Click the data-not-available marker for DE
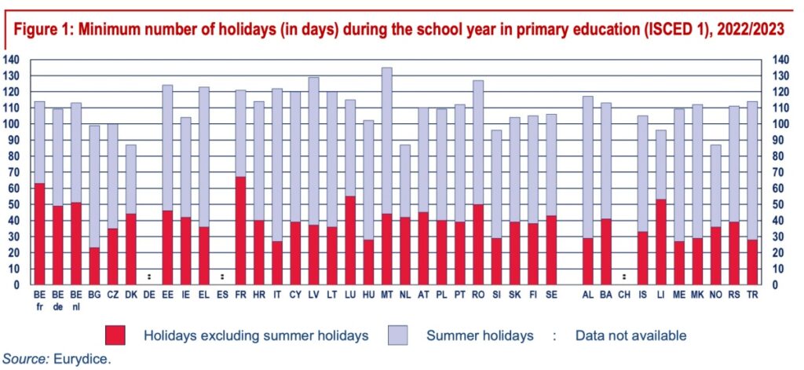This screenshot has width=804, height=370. [149, 277]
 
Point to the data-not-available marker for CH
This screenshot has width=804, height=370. [623, 277]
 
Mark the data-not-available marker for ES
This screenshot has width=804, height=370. [222, 277]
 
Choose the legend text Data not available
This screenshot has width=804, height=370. [630, 335]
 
